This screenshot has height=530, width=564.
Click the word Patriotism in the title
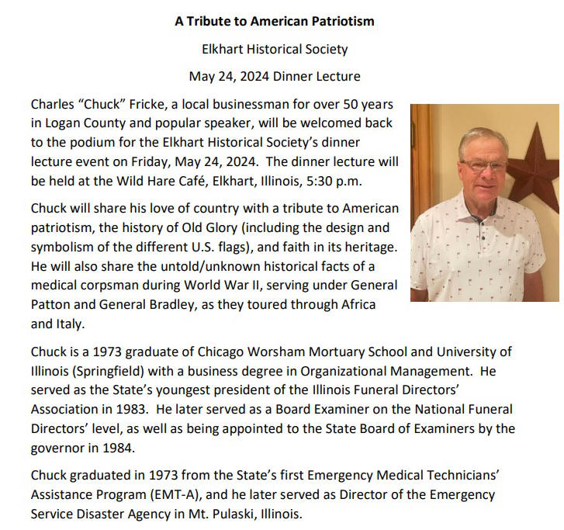coord(337,21)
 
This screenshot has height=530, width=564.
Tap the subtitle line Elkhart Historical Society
coord(275,49)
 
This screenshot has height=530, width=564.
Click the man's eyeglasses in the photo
coord(483,165)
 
